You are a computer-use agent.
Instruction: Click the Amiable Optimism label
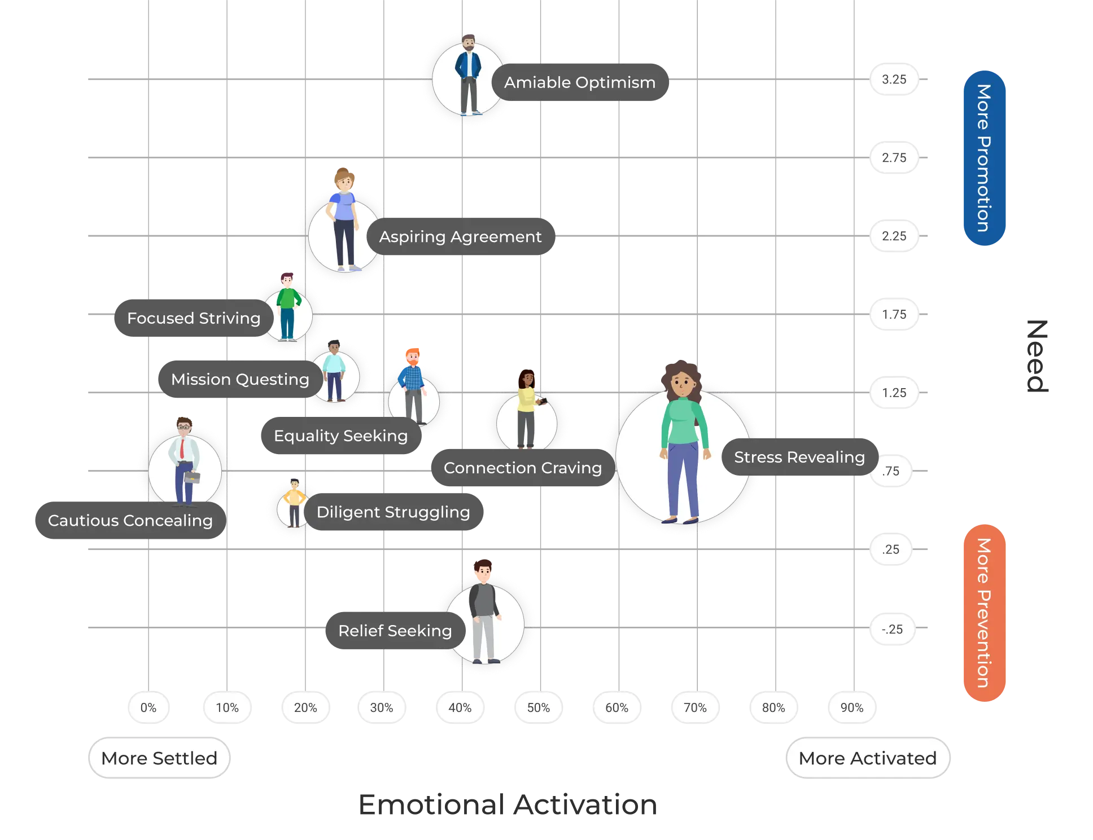tap(580, 83)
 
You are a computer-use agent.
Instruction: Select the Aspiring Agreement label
tap(460, 237)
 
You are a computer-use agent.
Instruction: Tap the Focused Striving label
tap(194, 318)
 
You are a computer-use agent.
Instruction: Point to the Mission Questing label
tap(240, 379)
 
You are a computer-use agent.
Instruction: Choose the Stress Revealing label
tap(799, 458)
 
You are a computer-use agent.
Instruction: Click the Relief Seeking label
tap(395, 631)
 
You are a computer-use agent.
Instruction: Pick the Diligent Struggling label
tap(393, 512)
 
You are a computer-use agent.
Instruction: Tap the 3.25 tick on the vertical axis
tap(894, 80)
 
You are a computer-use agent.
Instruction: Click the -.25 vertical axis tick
tap(892, 629)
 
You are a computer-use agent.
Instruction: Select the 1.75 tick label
tap(894, 314)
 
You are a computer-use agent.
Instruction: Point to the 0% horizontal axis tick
tap(148, 707)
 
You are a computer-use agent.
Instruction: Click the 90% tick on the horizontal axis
tap(851, 707)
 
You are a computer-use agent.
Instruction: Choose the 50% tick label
tap(538, 707)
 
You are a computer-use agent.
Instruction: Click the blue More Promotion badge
tap(984, 158)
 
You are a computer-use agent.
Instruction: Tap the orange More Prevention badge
tap(984, 613)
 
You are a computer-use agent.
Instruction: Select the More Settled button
tap(159, 758)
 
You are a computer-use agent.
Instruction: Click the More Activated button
tap(868, 758)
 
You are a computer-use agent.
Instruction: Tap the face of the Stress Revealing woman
tap(683, 385)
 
